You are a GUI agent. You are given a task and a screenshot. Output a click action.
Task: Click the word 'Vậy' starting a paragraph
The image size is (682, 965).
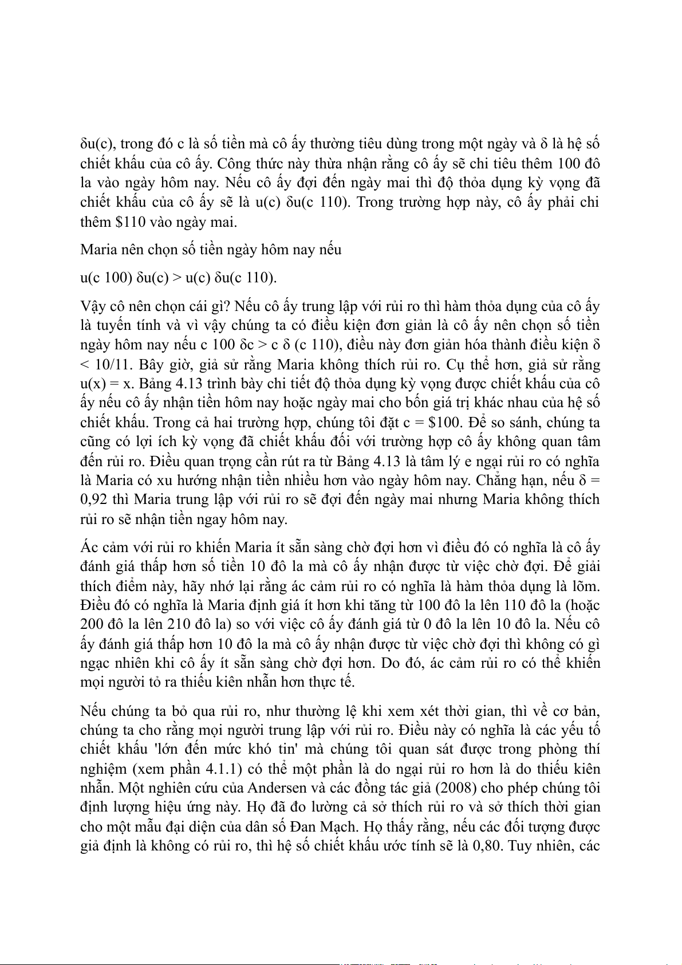tap(93, 306)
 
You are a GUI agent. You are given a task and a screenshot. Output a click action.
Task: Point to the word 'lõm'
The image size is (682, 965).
tap(586, 586)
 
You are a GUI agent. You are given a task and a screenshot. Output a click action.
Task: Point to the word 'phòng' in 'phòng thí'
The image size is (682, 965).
tap(551, 750)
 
